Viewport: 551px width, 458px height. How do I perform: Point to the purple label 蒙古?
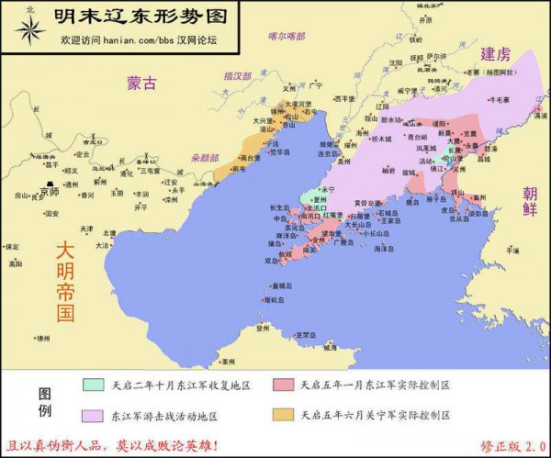142,83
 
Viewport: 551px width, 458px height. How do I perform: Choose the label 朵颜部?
205,157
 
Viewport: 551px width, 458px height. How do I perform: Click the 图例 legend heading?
43,401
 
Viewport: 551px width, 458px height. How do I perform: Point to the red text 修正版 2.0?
512,446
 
